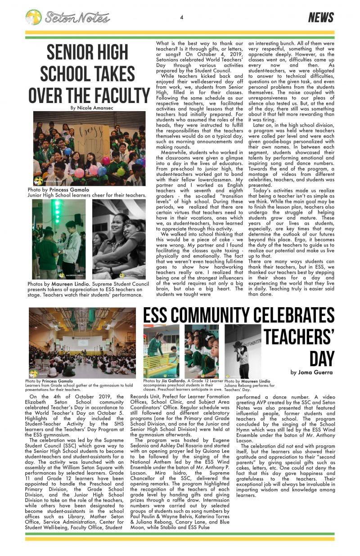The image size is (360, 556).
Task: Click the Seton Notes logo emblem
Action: tap(33, 18)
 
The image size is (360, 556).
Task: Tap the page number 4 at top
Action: tap(181, 18)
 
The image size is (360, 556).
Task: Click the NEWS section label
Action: tap(321, 18)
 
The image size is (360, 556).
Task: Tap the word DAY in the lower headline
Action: tap(322, 359)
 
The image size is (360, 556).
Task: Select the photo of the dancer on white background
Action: tap(243, 351)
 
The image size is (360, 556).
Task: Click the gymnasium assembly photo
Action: tap(82, 343)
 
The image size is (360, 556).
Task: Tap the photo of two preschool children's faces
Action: tap(202, 351)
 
